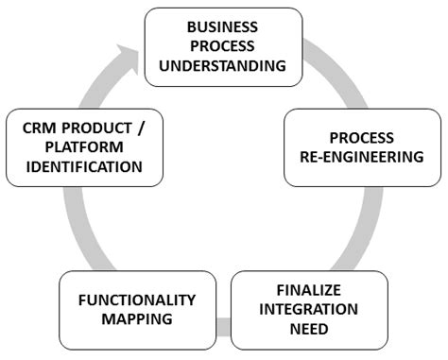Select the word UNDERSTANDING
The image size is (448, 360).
[223, 65]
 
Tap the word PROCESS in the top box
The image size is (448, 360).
[223, 45]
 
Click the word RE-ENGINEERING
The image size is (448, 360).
[362, 157]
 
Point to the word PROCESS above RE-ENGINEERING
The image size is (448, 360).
[362, 137]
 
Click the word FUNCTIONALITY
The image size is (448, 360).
[136, 300]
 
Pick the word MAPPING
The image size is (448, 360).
[136, 319]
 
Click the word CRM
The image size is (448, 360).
[37, 128]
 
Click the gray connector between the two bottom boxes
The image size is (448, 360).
[222, 328]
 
